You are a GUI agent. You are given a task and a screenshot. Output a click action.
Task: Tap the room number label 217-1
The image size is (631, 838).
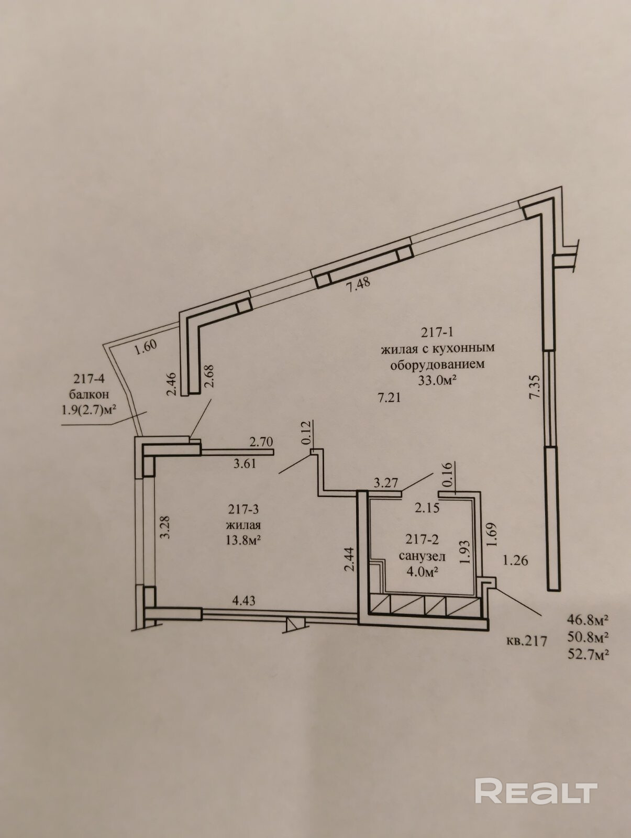click(439, 332)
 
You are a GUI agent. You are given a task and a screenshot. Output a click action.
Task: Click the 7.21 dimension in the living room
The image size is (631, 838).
click(389, 398)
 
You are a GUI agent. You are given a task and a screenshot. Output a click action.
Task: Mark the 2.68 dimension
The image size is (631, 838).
click(209, 376)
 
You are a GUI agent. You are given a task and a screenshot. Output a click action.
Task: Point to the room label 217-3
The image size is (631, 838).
click(243, 509)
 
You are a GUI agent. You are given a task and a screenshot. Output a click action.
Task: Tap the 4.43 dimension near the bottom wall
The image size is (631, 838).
click(243, 601)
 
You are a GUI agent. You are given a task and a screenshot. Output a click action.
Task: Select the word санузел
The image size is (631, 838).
click(422, 556)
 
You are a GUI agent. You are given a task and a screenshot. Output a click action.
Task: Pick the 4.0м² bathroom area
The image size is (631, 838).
click(422, 571)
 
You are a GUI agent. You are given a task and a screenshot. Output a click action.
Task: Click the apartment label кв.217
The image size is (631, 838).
click(527, 639)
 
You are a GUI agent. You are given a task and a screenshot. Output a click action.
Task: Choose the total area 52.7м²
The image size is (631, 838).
click(588, 654)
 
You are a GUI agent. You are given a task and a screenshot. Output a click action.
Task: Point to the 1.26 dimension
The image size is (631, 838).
click(515, 561)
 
